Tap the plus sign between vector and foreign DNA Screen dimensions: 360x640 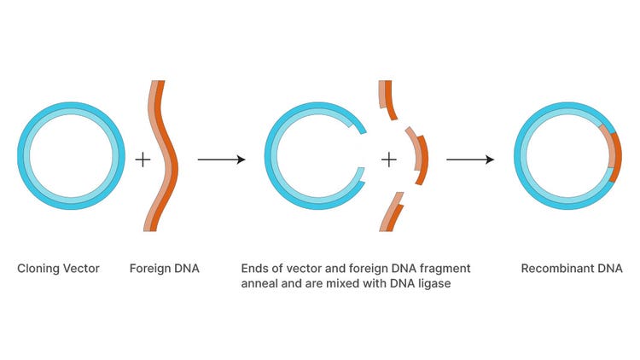143,159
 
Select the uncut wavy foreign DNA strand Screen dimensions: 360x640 163,156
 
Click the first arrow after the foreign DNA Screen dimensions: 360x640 221,160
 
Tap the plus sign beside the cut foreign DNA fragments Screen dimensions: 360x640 388,159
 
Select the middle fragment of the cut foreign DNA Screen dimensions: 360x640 417,156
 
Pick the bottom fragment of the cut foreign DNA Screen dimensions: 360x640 393,212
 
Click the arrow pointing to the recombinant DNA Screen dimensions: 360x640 469,160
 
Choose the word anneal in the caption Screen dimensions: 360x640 259,284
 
